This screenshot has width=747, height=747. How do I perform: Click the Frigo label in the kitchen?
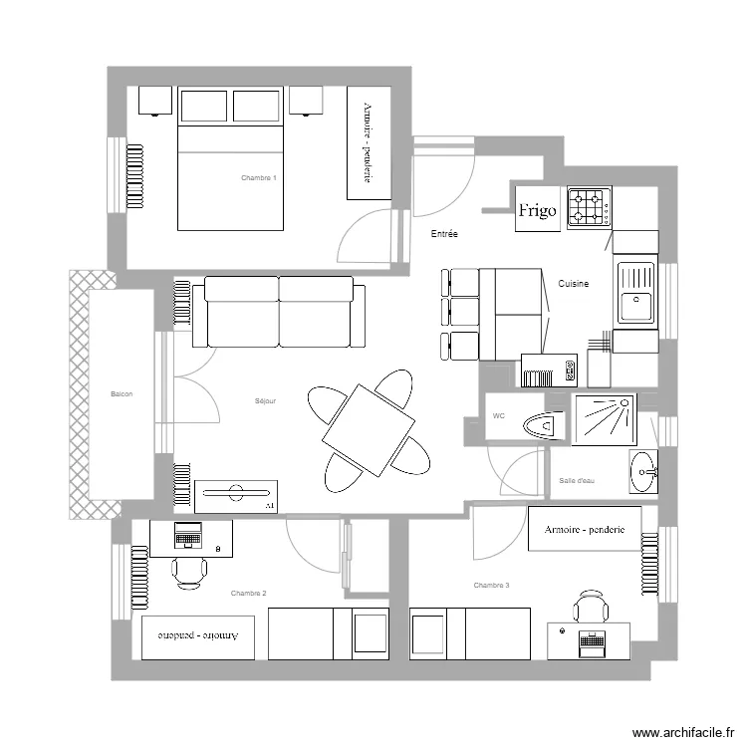point(537,210)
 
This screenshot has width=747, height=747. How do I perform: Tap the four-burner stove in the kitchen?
point(589,209)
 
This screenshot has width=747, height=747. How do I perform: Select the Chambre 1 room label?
point(258,178)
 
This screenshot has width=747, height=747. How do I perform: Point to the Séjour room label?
point(266,401)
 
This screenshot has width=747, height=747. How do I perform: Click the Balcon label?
point(122,394)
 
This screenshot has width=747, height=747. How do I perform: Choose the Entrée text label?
point(443,235)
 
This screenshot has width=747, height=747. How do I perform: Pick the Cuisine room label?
point(573,284)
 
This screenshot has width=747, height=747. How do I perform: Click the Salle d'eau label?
point(577,481)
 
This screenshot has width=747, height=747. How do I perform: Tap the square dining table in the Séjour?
point(369,430)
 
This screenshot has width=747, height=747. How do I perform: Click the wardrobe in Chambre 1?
point(368,142)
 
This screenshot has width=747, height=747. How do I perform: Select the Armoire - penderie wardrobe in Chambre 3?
point(585,530)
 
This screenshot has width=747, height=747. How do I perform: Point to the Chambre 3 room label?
point(491,586)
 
